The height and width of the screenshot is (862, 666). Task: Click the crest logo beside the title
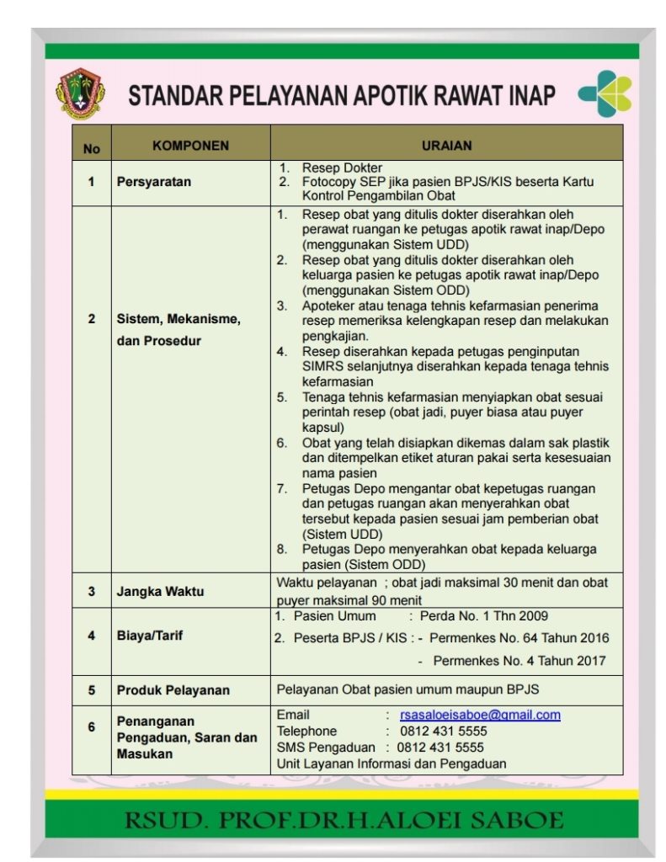[80, 93]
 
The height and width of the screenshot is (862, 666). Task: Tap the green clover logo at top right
[604, 93]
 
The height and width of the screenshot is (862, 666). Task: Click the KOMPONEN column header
[190, 146]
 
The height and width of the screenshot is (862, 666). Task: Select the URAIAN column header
[446, 146]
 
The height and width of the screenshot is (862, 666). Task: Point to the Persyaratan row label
[154, 182]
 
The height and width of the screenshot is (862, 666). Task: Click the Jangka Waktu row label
[160, 591]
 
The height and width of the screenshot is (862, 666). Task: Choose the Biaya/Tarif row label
[150, 636]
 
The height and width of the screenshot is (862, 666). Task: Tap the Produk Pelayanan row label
[173, 690]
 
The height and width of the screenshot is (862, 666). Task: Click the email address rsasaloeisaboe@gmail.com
[480, 715]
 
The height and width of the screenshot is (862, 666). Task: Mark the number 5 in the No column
[92, 690]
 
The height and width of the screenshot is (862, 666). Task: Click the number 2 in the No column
[92, 319]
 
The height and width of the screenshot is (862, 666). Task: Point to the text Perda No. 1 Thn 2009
[483, 616]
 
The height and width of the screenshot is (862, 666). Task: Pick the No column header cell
[92, 148]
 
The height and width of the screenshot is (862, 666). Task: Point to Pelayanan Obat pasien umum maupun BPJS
[408, 689]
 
